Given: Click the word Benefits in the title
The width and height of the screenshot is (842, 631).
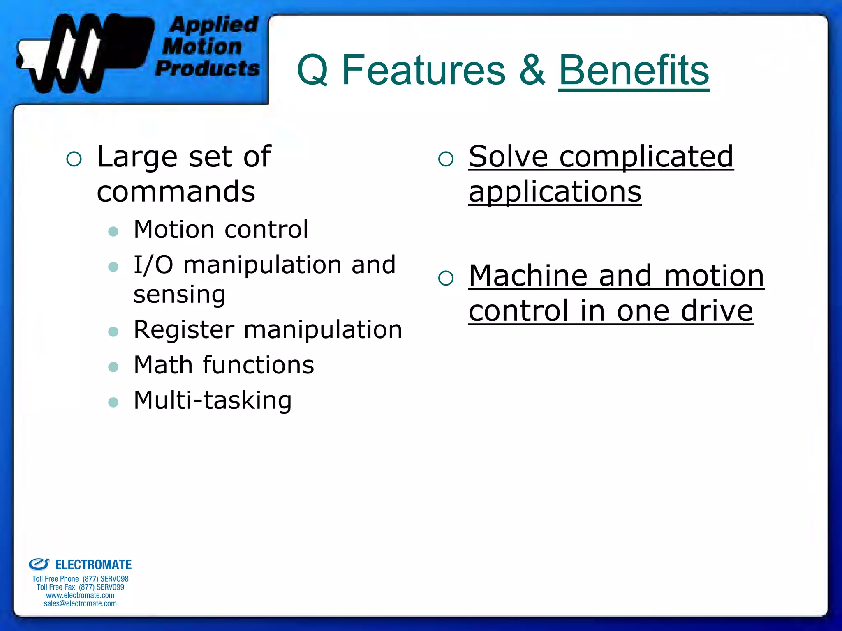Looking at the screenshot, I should tap(634, 71).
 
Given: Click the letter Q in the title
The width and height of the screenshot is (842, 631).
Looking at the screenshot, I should tap(312, 71).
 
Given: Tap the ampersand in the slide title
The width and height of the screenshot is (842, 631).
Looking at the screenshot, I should tap(532, 71).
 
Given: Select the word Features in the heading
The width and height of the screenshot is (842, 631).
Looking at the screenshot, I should tap(423, 71).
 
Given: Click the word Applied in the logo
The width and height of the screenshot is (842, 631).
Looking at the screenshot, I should tap(214, 25).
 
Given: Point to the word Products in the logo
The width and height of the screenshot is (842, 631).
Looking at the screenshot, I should tap(208, 68).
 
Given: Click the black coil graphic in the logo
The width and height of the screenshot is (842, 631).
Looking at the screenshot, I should tap(82, 53).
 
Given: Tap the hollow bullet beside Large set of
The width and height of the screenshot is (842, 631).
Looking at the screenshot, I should tap(74, 159).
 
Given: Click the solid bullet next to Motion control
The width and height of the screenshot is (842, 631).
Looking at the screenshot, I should tap(113, 231).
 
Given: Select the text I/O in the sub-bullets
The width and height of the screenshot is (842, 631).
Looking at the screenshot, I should tap(153, 265).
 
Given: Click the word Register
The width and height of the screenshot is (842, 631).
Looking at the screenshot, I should tap(184, 330).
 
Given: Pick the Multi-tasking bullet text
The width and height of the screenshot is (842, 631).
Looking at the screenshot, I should tap(213, 401).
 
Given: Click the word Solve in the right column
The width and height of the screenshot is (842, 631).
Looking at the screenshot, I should tap(508, 157).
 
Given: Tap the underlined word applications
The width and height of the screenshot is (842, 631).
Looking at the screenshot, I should tap(555, 192).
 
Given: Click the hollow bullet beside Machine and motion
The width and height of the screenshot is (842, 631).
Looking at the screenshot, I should tap(446, 279).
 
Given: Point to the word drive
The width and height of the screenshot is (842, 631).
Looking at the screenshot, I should tap(717, 311).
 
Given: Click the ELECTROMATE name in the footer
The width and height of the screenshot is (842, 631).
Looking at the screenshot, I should tap(93, 565).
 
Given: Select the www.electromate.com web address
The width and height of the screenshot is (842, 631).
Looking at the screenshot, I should tap(80, 595).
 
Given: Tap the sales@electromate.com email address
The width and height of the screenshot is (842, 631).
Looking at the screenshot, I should tap(80, 603).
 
